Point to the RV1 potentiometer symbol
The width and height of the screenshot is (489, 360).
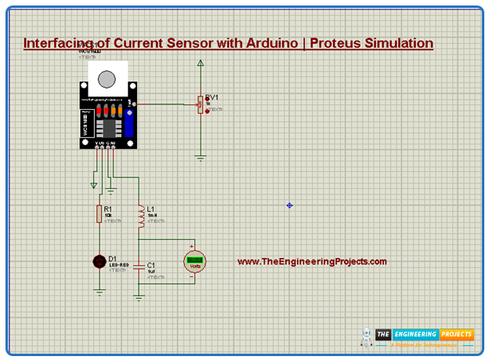click(x=201, y=104)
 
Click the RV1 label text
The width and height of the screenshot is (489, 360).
click(x=212, y=96)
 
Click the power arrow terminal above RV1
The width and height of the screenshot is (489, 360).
click(x=201, y=63)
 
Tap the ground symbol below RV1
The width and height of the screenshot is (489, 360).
click(x=201, y=158)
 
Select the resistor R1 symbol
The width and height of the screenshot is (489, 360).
click(x=99, y=213)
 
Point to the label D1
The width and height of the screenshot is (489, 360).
click(x=113, y=258)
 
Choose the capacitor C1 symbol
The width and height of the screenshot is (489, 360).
click(x=139, y=267)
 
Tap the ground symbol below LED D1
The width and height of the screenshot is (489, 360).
click(x=100, y=292)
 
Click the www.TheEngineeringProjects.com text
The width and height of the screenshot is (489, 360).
click(x=312, y=262)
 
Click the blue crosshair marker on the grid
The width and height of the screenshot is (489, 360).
click(x=289, y=205)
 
